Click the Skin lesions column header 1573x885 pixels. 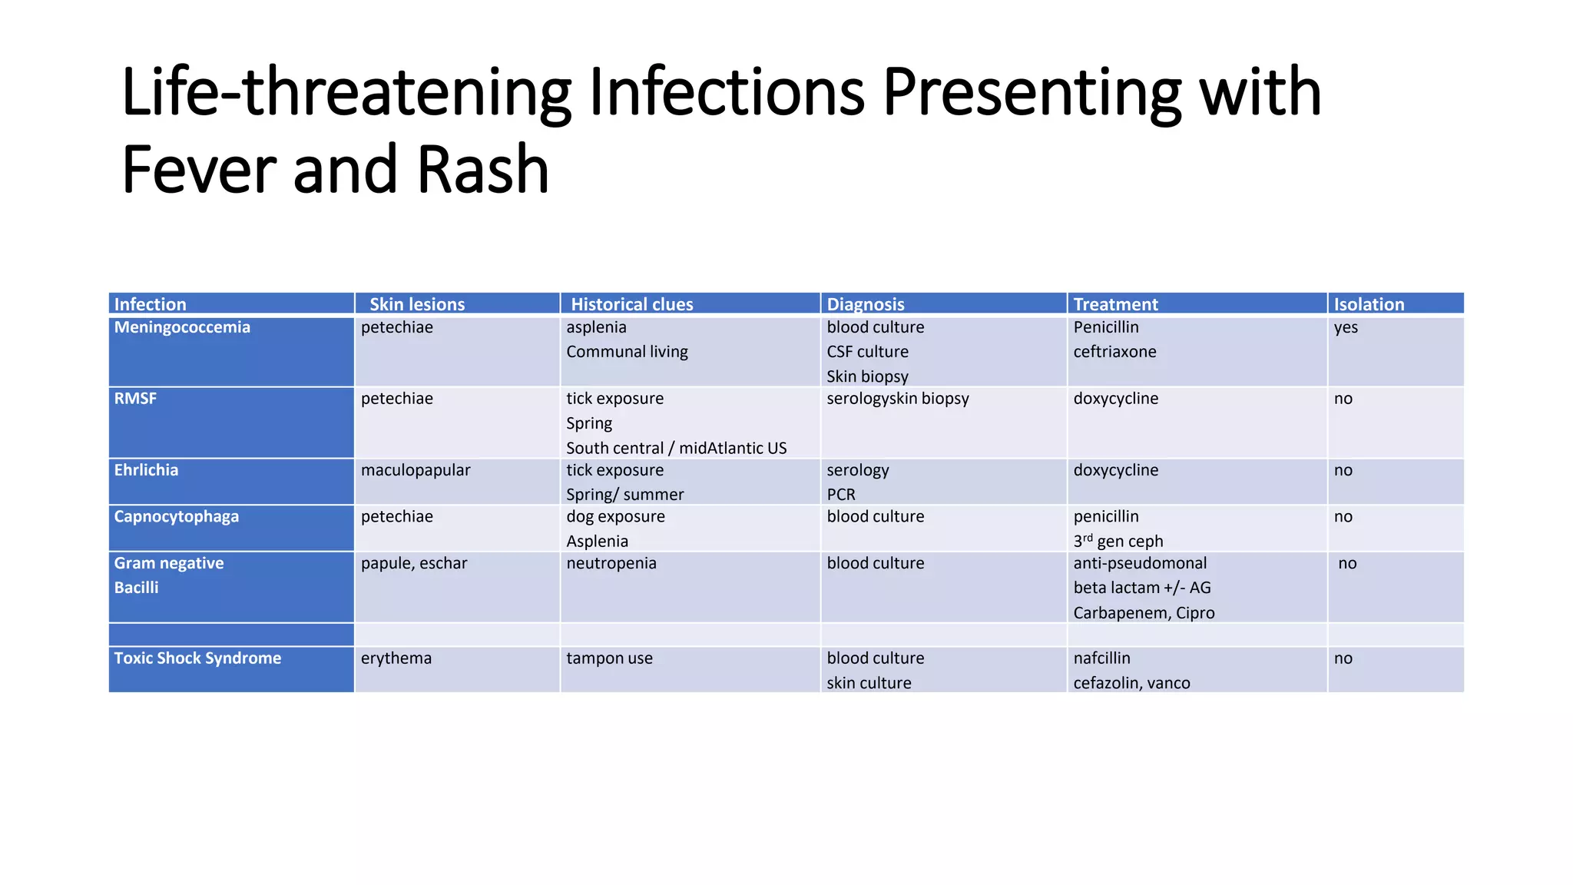[x=417, y=304]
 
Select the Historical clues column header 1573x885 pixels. [x=631, y=304]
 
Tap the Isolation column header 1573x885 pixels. [x=1369, y=304]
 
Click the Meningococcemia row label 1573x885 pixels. [x=182, y=327]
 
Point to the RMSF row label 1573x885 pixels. [x=135, y=399]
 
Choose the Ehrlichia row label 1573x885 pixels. [x=146, y=470]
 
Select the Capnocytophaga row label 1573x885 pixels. [x=176, y=516]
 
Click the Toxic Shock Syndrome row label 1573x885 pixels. [x=197, y=658]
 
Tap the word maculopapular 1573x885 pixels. [x=416, y=470]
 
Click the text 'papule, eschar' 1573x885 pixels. [x=414, y=563]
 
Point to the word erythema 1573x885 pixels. [x=396, y=658]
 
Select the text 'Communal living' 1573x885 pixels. [x=627, y=352]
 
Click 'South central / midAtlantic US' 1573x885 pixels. [x=676, y=448]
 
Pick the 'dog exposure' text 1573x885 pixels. [x=615, y=516]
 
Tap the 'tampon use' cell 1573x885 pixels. [x=609, y=658]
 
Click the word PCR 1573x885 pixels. [x=841, y=495]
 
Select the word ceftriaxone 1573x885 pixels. [x=1114, y=352]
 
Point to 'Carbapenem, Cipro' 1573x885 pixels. [x=1144, y=613]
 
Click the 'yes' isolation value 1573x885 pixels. [x=1346, y=327]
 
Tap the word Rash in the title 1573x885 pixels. [x=483, y=170]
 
